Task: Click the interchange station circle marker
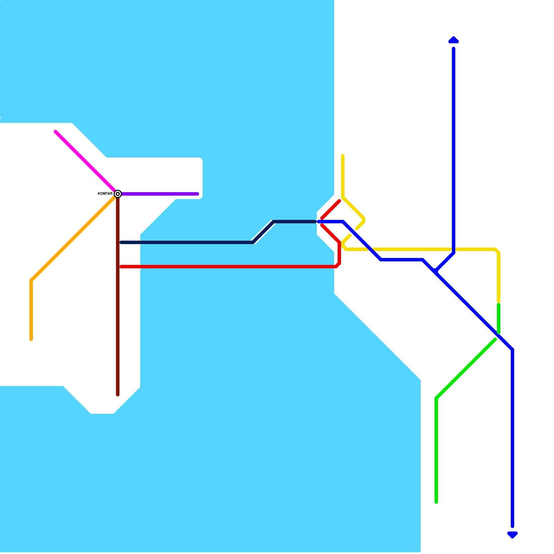(118, 194)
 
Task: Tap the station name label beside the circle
(105, 194)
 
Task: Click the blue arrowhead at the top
(454, 40)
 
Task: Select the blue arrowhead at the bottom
(512, 535)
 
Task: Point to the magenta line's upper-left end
(56, 132)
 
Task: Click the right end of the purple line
(198, 194)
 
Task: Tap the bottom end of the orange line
(31, 339)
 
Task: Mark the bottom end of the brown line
(118, 395)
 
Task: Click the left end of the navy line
(121, 242)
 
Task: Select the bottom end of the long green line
(436, 502)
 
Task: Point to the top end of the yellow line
(343, 156)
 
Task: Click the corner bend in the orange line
(31, 280)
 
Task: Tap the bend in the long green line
(436, 398)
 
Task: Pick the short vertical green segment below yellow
(499, 319)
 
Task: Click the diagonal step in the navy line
(263, 232)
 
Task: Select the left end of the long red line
(121, 267)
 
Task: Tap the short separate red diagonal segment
(331, 209)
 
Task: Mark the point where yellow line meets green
(499, 303)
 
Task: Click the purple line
(159, 194)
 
